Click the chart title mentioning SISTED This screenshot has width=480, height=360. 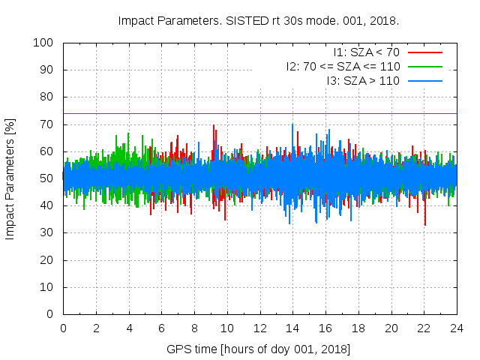coord(258,20)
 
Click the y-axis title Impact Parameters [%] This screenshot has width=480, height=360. coord(10,178)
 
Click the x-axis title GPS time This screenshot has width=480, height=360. coord(259,349)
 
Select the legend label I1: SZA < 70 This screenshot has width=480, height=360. coord(366,52)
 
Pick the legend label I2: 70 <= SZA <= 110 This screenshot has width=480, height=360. coord(343,66)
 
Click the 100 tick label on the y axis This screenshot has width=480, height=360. coord(43,43)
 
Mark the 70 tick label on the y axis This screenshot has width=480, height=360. coord(46,124)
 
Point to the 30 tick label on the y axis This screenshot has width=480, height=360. coord(46,233)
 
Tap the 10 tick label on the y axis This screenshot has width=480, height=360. coord(46,287)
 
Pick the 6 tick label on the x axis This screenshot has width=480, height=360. coord(162,328)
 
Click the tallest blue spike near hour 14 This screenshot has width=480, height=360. coord(292,124)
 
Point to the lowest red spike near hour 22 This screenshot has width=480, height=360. coord(425,225)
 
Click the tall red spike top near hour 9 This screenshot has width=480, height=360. coord(214,125)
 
